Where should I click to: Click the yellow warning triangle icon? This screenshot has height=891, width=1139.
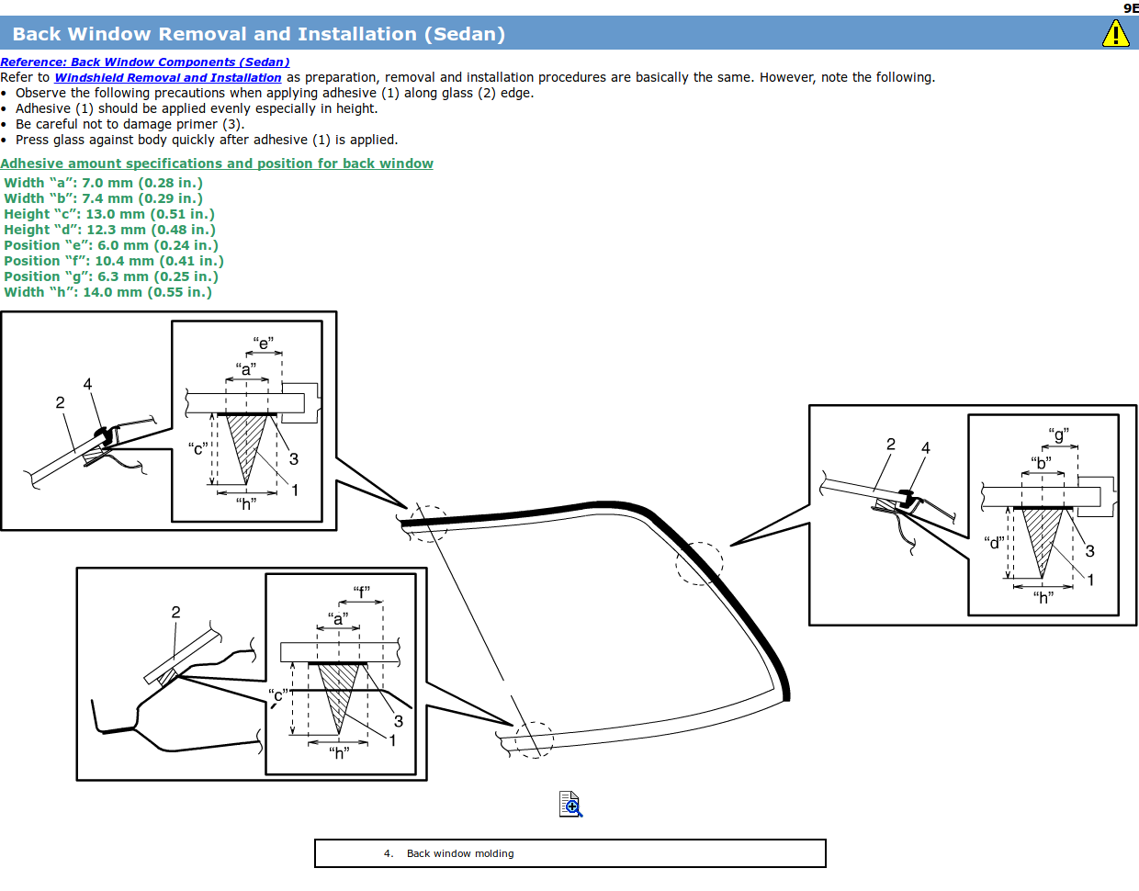click(x=1115, y=34)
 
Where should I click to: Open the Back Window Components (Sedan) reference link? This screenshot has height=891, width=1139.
click(x=144, y=62)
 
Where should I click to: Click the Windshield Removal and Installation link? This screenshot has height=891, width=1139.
click(x=168, y=77)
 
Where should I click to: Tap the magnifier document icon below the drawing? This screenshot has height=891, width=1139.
click(x=570, y=804)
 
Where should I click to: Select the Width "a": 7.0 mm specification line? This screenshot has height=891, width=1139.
click(x=103, y=183)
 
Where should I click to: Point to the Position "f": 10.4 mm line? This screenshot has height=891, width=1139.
click(x=114, y=261)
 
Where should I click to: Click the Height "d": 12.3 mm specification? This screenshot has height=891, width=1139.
click(x=109, y=230)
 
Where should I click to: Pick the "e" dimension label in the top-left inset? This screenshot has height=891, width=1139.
click(x=263, y=344)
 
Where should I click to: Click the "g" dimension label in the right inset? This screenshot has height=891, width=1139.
click(x=1058, y=435)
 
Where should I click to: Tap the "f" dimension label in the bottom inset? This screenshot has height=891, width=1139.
click(x=361, y=592)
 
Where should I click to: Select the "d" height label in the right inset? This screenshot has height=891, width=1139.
click(x=994, y=543)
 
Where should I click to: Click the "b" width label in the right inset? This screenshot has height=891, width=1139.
click(x=1041, y=463)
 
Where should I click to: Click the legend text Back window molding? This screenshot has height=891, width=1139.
click(x=460, y=853)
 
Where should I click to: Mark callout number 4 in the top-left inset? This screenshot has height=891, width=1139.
click(x=87, y=384)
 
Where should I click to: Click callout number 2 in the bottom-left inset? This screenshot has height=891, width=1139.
click(x=175, y=612)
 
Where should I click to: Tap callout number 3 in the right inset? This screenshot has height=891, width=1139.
click(x=1089, y=551)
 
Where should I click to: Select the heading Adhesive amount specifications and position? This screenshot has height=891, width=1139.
click(x=217, y=164)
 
